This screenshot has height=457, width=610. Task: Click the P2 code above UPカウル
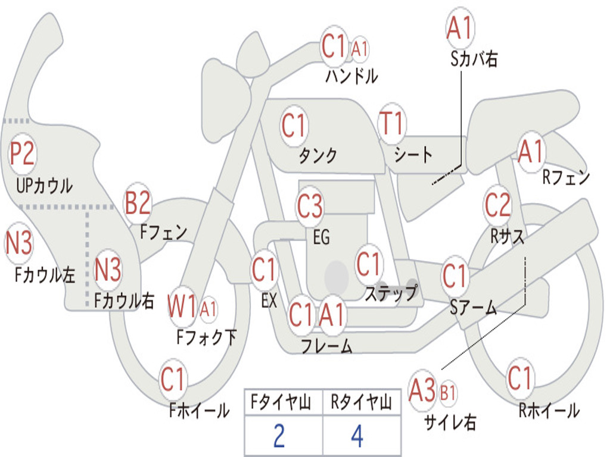pyautogui.click(x=23, y=154)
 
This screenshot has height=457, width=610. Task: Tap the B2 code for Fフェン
pyautogui.click(x=138, y=204)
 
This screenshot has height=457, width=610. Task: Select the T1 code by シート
pyautogui.click(x=392, y=124)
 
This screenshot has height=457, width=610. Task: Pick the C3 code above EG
pyautogui.click(x=310, y=206)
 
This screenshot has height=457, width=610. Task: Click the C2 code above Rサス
pyautogui.click(x=497, y=205)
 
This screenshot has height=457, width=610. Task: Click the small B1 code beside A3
pyautogui.click(x=448, y=393)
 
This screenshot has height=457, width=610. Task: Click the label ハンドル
pyautogui.click(x=351, y=76)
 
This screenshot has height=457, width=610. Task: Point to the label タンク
pyautogui.click(x=318, y=156)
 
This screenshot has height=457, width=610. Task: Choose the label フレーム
pyautogui.click(x=326, y=346)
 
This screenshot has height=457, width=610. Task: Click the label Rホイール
pyautogui.click(x=549, y=410)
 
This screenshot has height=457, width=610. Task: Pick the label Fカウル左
pyautogui.click(x=45, y=275)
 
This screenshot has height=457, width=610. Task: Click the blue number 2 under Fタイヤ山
pyautogui.click(x=279, y=436)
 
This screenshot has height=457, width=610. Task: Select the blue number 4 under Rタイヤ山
pyautogui.click(x=357, y=436)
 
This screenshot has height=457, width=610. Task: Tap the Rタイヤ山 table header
pyautogui.click(x=361, y=403)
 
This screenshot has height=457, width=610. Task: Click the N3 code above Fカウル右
pyautogui.click(x=108, y=270)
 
